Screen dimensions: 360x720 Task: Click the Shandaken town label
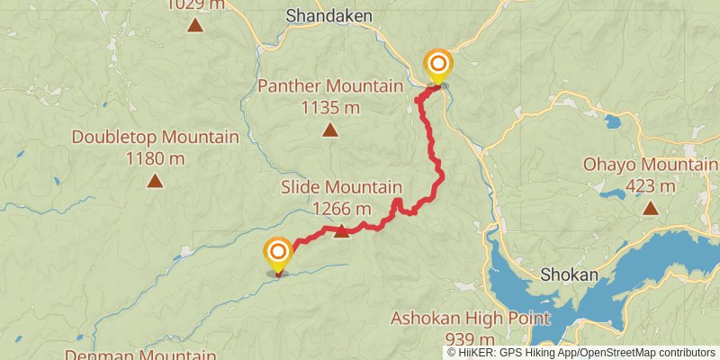click(322, 15)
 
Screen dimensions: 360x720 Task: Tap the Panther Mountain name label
click(330, 87)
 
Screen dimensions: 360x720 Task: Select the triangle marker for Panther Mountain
click(330, 130)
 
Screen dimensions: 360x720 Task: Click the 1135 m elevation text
click(330, 108)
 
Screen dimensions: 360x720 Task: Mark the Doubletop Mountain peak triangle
click(155, 182)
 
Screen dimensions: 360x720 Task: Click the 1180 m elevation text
click(155, 159)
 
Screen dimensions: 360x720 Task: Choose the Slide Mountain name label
click(341, 188)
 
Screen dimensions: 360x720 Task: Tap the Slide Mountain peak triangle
click(341, 231)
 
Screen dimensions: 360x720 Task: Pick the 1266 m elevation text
click(341, 209)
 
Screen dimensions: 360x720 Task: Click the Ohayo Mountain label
click(651, 166)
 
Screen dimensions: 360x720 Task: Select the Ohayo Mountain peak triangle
click(650, 209)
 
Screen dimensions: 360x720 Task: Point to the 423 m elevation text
click(650, 187)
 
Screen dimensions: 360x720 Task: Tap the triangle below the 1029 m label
click(194, 24)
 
